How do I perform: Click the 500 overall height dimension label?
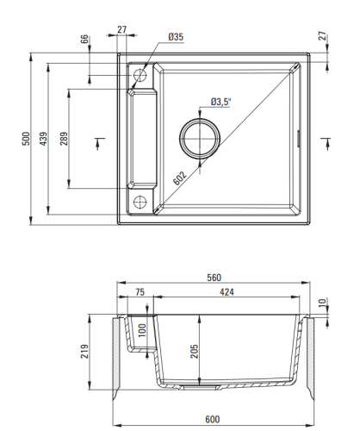tap(26, 139)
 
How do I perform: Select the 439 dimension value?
tap(43, 139)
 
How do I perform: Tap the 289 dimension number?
tap(64, 139)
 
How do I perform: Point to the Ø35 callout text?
tap(176, 37)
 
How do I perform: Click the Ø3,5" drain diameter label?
tap(220, 102)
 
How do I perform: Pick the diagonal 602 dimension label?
tap(180, 178)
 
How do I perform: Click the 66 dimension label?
tap(84, 39)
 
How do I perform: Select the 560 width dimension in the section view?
tap(214, 278)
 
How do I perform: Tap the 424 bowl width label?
tap(227, 292)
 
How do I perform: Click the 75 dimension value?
tap(140, 292)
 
